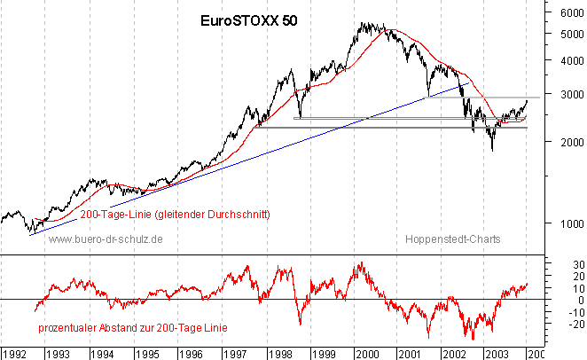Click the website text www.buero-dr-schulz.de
point(106,239)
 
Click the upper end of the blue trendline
point(468,82)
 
